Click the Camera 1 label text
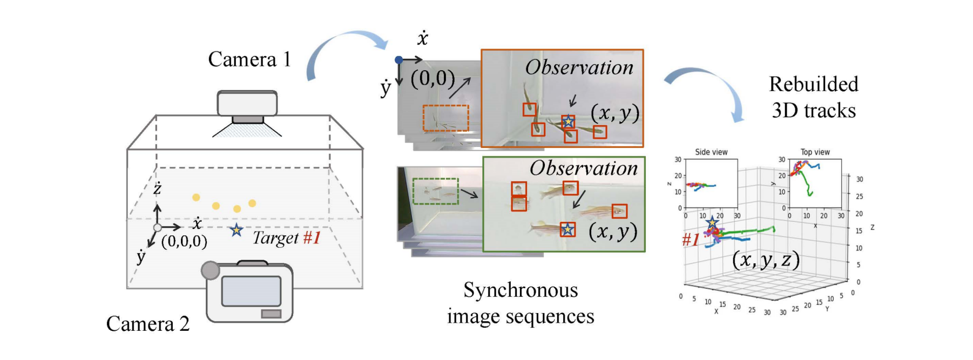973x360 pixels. point(249,59)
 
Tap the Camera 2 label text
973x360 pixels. point(148,324)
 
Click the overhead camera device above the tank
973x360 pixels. point(247,104)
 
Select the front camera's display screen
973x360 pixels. point(251,291)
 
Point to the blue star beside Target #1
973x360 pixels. point(236,230)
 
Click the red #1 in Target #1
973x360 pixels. point(312,237)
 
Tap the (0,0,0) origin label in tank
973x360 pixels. point(184,241)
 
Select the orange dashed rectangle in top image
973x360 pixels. point(445,118)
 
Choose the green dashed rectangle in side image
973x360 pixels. point(435,191)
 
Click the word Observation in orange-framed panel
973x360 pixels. point(579,67)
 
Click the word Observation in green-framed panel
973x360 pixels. point(583,168)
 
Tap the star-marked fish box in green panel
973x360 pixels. point(567,230)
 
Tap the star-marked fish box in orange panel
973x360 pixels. point(568,122)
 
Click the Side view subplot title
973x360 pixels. point(711,152)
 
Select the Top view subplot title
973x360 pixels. point(815,152)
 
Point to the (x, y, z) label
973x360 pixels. point(766,260)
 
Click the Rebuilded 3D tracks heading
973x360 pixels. point(813,97)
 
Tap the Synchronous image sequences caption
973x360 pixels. point(521,303)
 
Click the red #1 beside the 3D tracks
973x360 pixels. point(691,240)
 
